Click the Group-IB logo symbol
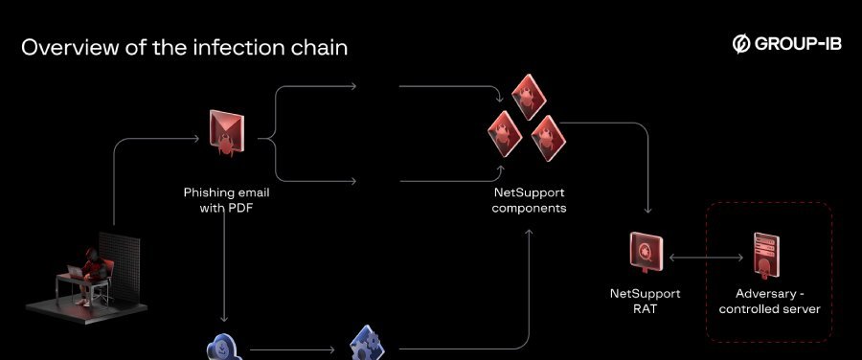tap(740, 44)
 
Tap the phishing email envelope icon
tap(226, 132)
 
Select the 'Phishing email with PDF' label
tap(226, 199)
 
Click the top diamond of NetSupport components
tap(523, 94)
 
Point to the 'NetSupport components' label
tap(529, 199)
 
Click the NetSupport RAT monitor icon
tap(645, 252)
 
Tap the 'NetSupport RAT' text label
tap(644, 301)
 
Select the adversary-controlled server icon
tap(764, 256)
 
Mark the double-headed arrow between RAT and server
tap(706, 257)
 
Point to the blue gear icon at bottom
tap(366, 345)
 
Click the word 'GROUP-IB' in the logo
tap(798, 44)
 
